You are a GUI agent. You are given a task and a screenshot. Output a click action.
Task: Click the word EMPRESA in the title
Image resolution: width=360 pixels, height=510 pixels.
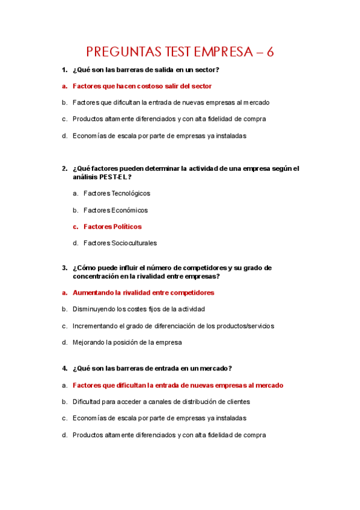[x=221, y=52]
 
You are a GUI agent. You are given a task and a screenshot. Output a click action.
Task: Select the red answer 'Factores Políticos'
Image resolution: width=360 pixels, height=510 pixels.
[x=112, y=227]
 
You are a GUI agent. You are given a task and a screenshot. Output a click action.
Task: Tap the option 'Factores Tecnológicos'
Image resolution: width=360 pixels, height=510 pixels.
[x=117, y=194]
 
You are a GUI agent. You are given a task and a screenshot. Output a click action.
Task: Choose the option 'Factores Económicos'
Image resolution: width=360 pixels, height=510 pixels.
[x=115, y=210]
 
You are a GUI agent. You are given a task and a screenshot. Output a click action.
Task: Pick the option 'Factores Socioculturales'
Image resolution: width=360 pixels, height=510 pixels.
[x=120, y=243]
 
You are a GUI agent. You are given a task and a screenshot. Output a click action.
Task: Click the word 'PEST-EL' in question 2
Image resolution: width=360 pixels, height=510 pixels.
[x=114, y=177]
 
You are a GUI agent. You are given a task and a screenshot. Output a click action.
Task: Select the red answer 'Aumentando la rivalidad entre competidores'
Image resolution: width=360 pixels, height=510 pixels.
[x=143, y=293]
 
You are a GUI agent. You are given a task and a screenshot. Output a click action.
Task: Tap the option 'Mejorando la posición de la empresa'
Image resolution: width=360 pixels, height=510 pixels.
[x=127, y=342]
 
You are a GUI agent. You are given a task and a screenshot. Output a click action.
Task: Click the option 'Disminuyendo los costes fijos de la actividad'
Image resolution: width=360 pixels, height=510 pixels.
[x=138, y=309]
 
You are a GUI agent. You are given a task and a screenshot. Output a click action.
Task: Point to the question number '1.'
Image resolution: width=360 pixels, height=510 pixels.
[x=64, y=70]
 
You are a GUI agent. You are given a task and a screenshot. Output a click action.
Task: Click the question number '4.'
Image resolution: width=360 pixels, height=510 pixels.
[x=64, y=368]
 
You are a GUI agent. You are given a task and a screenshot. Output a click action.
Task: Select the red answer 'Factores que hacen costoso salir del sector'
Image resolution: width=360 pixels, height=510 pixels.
[x=142, y=86]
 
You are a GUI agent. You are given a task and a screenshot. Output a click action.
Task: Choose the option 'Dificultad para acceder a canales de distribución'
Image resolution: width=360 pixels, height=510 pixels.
[x=161, y=401]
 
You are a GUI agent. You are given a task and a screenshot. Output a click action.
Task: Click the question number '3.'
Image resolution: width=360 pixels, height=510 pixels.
[x=64, y=268]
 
